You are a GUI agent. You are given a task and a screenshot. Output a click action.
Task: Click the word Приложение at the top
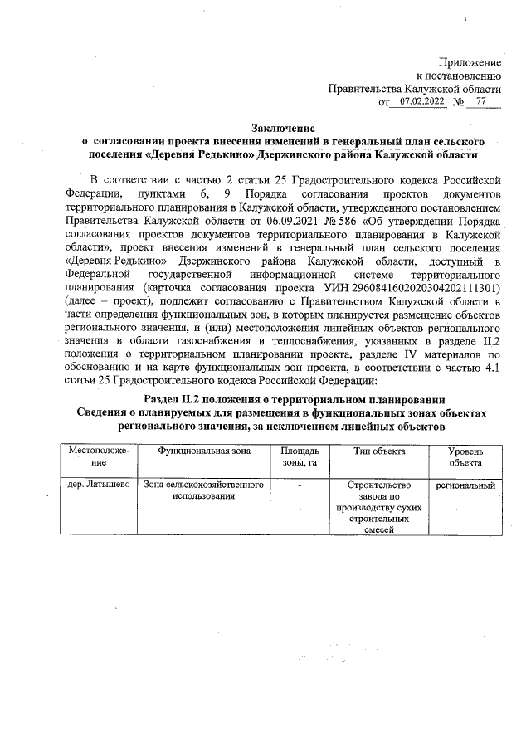[470, 62]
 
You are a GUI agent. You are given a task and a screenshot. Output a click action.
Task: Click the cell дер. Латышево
[96, 485]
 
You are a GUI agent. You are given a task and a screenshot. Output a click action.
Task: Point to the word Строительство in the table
[373, 485]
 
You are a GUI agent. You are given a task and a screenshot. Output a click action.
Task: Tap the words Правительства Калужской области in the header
[415, 88]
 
